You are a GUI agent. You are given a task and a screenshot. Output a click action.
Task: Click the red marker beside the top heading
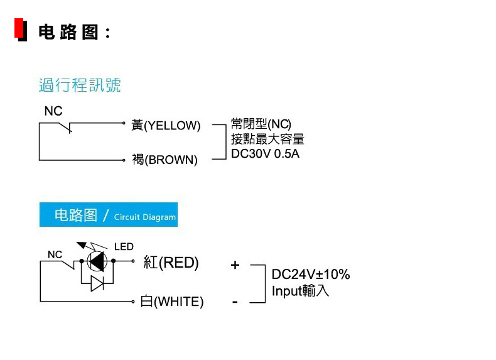19,28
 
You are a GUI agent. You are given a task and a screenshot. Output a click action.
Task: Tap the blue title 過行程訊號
80,85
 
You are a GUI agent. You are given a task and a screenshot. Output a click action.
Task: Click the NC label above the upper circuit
53,111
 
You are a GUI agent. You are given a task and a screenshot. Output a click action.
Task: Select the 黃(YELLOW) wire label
166,126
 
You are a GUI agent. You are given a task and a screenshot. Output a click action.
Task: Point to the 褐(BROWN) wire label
164,160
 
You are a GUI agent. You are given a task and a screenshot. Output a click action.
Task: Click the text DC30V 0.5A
265,154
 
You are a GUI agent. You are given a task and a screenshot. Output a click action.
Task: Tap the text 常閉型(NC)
261,124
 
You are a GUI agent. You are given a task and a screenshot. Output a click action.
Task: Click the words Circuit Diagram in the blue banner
145,217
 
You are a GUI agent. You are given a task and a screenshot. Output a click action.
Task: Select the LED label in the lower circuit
124,247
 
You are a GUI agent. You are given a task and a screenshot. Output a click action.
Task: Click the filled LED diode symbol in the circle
97,261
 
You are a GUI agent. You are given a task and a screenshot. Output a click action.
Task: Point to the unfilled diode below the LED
97,283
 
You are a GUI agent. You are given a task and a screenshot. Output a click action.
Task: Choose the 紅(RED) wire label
171,263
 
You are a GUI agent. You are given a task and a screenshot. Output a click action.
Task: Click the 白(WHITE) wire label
172,302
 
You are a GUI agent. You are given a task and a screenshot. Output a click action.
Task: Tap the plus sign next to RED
235,265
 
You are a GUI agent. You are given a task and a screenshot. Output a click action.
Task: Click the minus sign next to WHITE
235,302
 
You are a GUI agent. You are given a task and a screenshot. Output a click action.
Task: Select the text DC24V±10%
311,274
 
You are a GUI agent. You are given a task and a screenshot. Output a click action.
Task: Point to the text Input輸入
300,291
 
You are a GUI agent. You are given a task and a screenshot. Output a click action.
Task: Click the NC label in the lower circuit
55,254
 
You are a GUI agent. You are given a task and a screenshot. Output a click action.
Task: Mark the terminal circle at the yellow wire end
124,123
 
